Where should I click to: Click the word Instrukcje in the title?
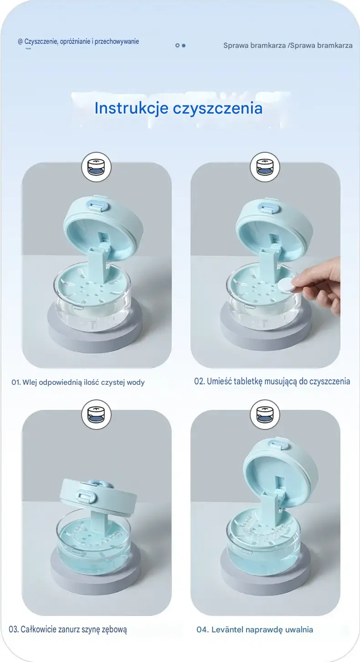pos(131,108)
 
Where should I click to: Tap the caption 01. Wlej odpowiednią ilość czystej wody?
pos(78,382)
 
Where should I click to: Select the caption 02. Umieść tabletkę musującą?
pos(272,381)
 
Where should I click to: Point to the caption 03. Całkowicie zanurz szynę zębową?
pos(67,629)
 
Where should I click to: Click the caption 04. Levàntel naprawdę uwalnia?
pos(255,630)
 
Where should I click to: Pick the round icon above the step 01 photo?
pos(96,167)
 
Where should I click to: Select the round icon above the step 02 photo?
pos(265,167)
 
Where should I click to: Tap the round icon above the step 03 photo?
pos(96,414)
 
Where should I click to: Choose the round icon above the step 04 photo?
pos(265,414)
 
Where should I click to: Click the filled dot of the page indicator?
pos(184,46)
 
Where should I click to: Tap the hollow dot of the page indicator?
pos(177,46)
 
